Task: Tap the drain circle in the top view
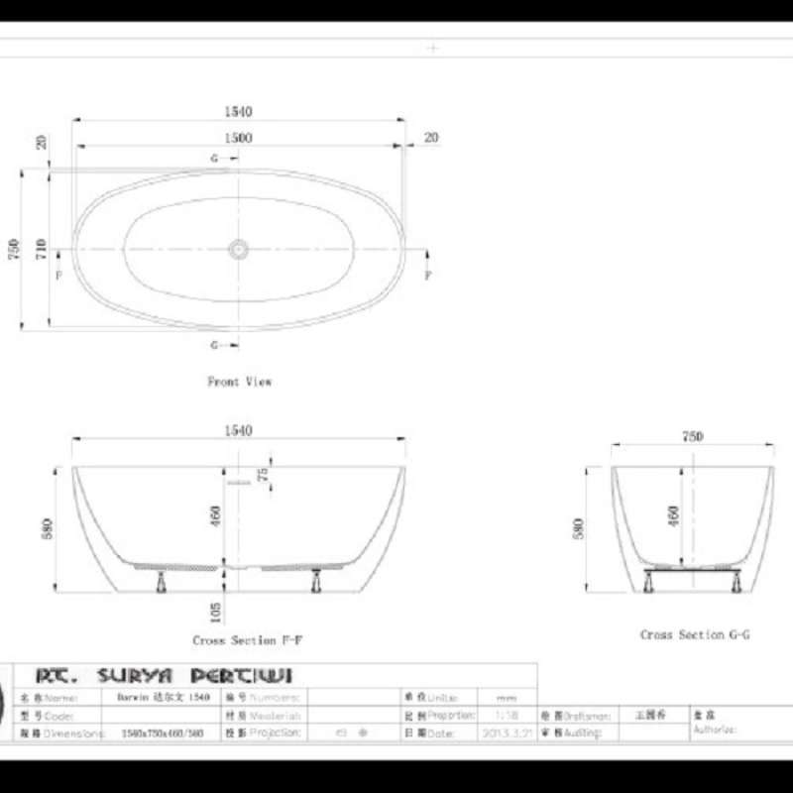[x=238, y=248]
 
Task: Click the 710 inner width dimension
[x=41, y=248]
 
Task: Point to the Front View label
[x=239, y=381]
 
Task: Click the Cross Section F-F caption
[x=248, y=640]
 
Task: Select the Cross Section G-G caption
[x=695, y=634]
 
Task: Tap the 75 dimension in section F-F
[x=263, y=474]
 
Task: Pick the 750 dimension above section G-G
[x=692, y=436]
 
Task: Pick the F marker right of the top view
[x=428, y=276]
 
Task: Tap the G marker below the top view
[x=214, y=345]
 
